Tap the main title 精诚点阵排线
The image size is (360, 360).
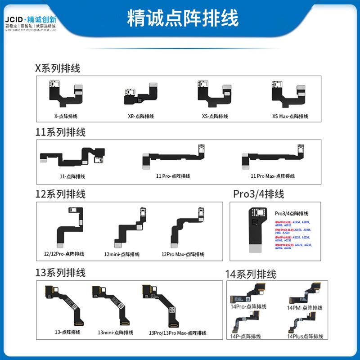(183, 19)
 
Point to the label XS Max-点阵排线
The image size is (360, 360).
(290, 116)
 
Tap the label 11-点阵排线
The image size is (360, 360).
(72, 176)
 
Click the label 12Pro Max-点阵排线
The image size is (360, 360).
(183, 254)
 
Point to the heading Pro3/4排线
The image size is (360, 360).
(258, 194)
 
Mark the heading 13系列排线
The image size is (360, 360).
(60, 273)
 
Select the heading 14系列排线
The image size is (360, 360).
(251, 274)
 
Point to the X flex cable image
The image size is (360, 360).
(67, 95)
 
